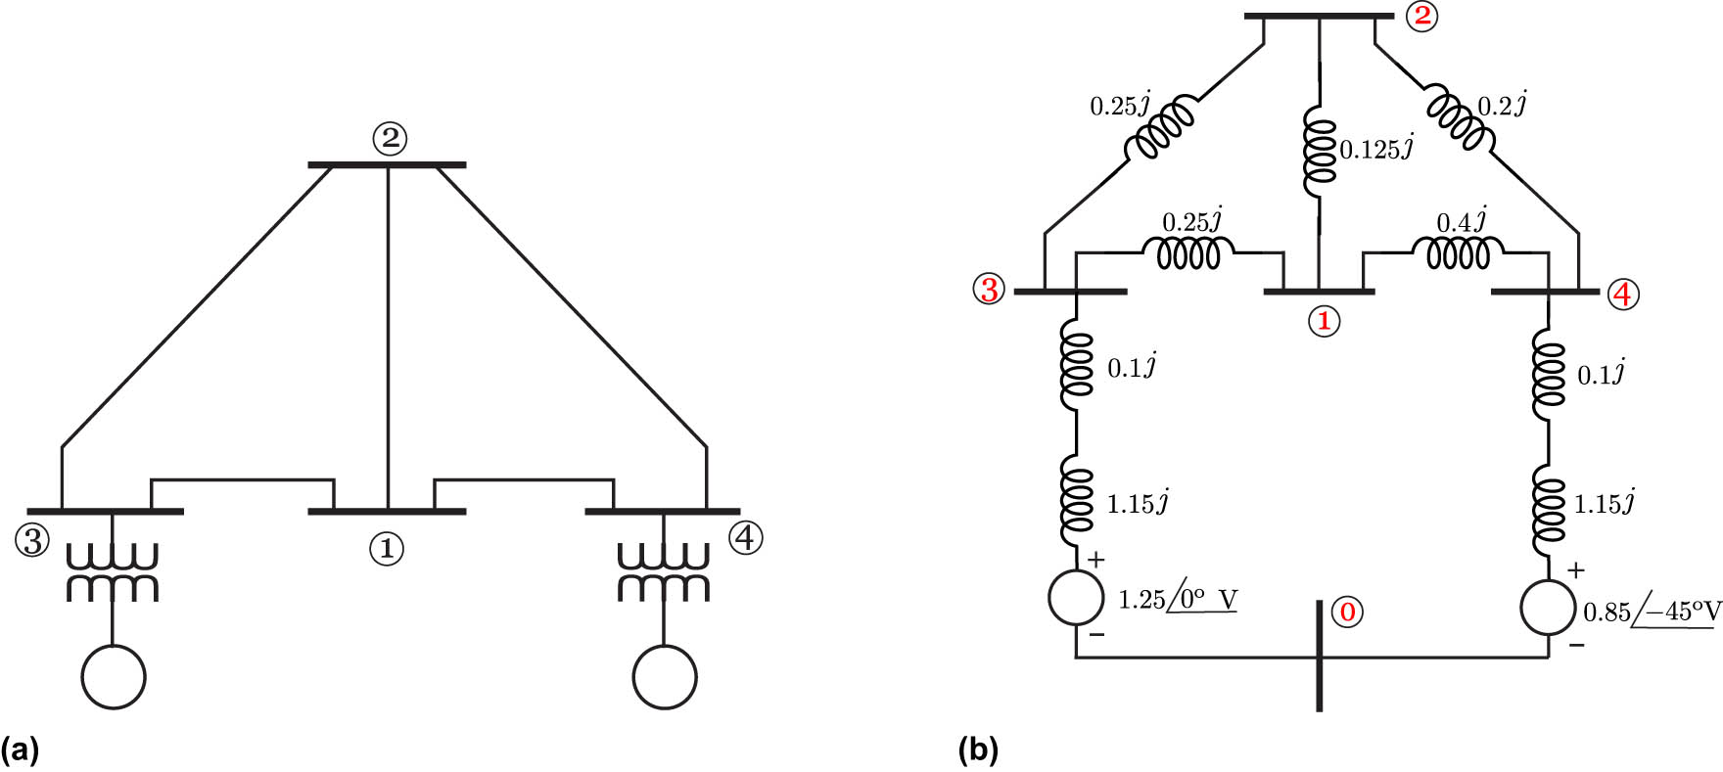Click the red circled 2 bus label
pos(1421,17)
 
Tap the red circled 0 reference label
pos(1348,613)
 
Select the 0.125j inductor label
pos(1376,149)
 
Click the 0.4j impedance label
pos(1462,221)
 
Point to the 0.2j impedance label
pos(1503,105)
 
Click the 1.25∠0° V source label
pos(1178,599)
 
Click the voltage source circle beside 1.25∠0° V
pos(1076,597)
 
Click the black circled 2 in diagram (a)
pos(390,138)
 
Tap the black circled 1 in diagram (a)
pos(386,549)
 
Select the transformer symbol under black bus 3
pos(112,573)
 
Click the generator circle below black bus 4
pos(665,677)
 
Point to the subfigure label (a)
pos(20,750)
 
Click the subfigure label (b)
pos(978,750)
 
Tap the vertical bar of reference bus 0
pos(1320,656)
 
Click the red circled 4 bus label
pos(1623,294)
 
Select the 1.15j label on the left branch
pos(1138,504)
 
